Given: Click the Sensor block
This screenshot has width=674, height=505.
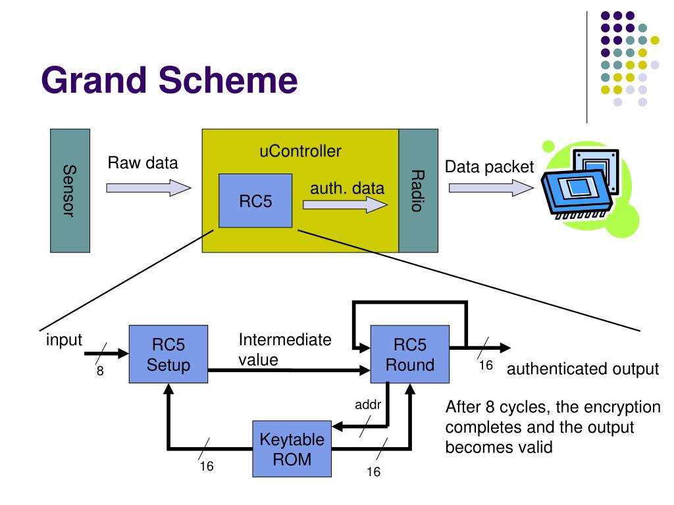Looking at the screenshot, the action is click(x=70, y=191).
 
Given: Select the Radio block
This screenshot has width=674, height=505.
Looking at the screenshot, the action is click(x=418, y=191).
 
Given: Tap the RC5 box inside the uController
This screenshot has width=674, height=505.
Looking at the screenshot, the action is click(x=255, y=201).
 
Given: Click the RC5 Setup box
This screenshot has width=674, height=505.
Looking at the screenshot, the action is click(x=168, y=354).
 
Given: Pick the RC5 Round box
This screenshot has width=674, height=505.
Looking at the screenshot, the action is click(x=410, y=354).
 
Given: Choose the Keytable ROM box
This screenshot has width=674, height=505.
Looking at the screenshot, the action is click(x=292, y=448).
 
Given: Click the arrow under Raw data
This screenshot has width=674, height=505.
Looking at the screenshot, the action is click(x=149, y=187).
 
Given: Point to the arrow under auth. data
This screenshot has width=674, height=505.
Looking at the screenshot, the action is click(x=345, y=204).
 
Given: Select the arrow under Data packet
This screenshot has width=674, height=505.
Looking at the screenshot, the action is click(x=491, y=187).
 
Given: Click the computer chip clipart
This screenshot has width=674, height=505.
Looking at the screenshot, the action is click(x=590, y=188).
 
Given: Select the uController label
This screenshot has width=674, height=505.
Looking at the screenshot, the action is click(x=300, y=151).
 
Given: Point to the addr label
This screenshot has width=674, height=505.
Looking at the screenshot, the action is click(x=368, y=404).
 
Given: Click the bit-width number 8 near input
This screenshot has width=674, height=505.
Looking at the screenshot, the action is click(x=100, y=371).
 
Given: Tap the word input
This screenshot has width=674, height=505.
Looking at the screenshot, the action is click(x=64, y=340).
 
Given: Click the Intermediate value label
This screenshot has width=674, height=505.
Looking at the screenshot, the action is click(x=285, y=350).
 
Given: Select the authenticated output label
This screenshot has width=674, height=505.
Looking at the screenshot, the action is click(x=583, y=369).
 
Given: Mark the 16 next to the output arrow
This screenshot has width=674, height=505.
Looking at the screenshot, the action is click(x=486, y=366).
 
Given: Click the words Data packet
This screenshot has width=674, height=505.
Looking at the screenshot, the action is click(x=489, y=166).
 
